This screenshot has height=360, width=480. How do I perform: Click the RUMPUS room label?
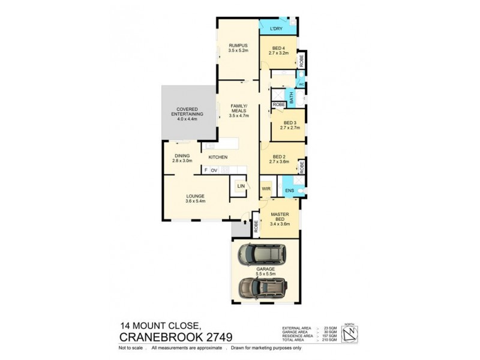[238, 46]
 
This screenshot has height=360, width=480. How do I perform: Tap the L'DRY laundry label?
[276, 28]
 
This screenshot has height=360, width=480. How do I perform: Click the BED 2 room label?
[281, 157]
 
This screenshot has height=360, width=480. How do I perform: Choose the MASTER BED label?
[280, 217]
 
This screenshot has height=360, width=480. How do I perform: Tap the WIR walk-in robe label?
[266, 188]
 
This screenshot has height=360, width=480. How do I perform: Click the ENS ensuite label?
[289, 191]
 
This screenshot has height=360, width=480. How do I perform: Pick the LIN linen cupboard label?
[241, 187]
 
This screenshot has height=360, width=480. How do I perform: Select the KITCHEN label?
[218, 157]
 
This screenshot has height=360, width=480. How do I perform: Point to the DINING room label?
[181, 155]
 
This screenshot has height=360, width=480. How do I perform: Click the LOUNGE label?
[196, 196]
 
